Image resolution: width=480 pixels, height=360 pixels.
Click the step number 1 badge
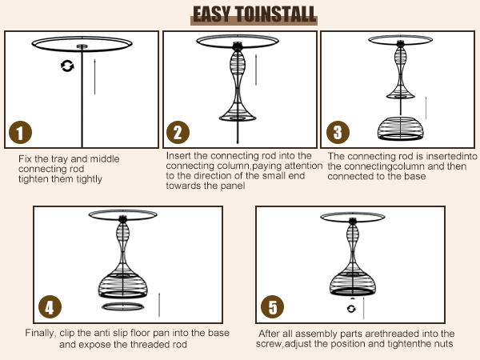[20, 133]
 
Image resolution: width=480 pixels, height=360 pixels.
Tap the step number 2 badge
[178, 133]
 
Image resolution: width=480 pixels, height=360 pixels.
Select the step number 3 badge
[338, 133]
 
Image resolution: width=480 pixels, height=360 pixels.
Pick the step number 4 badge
[50, 306]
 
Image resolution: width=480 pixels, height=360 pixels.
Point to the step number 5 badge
[272, 306]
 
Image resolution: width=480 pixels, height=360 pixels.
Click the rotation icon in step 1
[67, 66]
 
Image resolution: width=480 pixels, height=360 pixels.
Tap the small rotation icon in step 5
[351, 309]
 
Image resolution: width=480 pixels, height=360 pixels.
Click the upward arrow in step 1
[94, 76]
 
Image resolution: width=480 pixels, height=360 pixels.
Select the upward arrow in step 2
[256, 70]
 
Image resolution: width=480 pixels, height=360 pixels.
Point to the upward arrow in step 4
[159, 305]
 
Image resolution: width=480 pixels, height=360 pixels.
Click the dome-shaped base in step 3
[401, 129]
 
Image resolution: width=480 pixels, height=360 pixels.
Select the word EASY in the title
[211, 14]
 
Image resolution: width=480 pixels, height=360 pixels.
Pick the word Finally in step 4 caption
[41, 333]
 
